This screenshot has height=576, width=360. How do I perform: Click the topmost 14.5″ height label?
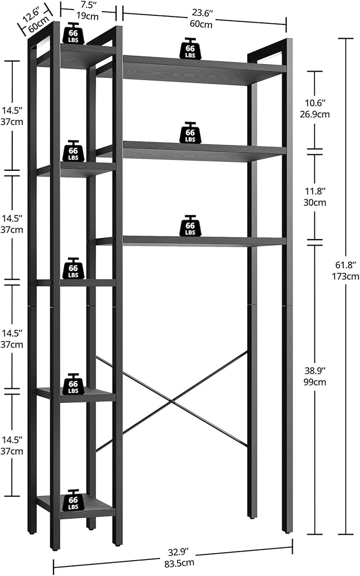click(11, 111)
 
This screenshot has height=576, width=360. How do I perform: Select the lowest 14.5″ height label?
click(11, 441)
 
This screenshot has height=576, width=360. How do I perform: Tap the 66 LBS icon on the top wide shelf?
click(190, 48)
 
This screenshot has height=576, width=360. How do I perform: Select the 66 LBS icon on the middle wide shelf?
click(190, 133)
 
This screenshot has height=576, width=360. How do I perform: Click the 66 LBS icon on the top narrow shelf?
click(73, 33)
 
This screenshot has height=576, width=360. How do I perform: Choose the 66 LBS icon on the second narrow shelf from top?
click(73, 151)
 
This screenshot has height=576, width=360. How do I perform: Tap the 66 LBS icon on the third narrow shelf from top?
click(73, 268)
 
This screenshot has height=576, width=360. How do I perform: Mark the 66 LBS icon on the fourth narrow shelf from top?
click(73, 384)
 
